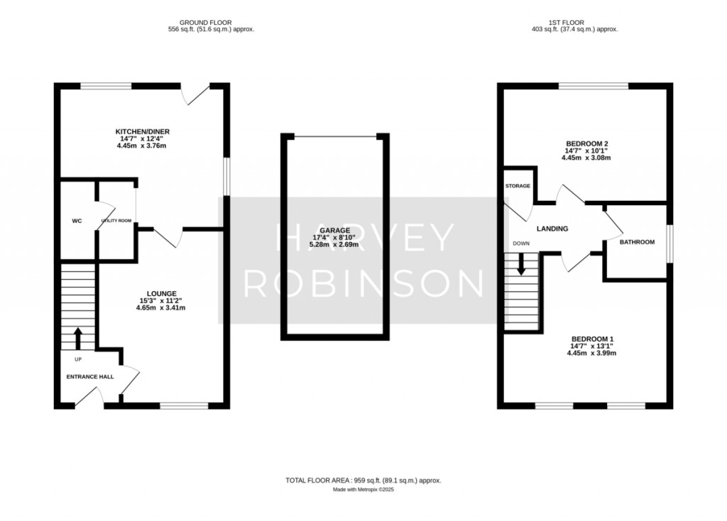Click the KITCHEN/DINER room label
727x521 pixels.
(142, 131)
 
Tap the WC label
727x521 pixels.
(77, 221)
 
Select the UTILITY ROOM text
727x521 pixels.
(116, 221)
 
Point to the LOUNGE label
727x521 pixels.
(161, 293)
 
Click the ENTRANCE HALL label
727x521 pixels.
(90, 377)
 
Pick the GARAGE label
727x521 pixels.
(335, 231)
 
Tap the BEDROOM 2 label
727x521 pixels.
(586, 143)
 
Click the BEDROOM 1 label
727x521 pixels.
(592, 339)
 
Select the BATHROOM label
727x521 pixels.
(637, 242)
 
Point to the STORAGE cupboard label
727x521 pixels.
(518, 186)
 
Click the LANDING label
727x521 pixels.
(552, 229)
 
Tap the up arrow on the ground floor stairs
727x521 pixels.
(78, 339)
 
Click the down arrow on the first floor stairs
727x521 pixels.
(521, 264)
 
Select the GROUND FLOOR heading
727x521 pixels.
(205, 22)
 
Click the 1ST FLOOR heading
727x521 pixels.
(566, 22)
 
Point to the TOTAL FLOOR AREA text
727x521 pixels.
(363, 481)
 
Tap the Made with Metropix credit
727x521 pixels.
(363, 490)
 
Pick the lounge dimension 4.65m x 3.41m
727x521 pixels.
(161, 307)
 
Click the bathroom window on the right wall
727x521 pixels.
(669, 243)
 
